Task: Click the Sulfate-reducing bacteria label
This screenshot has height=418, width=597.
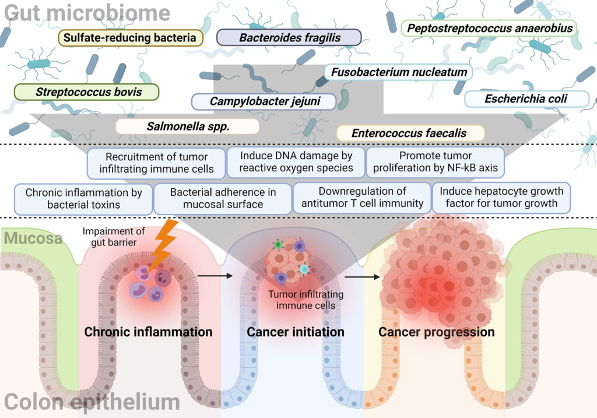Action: pos(130,38)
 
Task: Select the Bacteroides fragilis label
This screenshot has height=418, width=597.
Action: pos(289,38)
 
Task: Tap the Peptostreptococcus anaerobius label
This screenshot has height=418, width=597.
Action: pos(490,28)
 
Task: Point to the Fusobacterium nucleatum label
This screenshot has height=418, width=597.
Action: pos(399,73)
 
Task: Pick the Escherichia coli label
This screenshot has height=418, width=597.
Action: pos(526,99)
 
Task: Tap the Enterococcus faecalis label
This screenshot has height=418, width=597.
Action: pos(410,133)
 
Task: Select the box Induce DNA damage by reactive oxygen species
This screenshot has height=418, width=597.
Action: pos(295,162)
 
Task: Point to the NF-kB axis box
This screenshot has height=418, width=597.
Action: pos(436,162)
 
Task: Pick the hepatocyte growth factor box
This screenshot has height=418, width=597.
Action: pos(501,198)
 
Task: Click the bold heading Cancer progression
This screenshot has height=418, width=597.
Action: pos(436,332)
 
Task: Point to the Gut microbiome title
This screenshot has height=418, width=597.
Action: pos(87,12)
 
